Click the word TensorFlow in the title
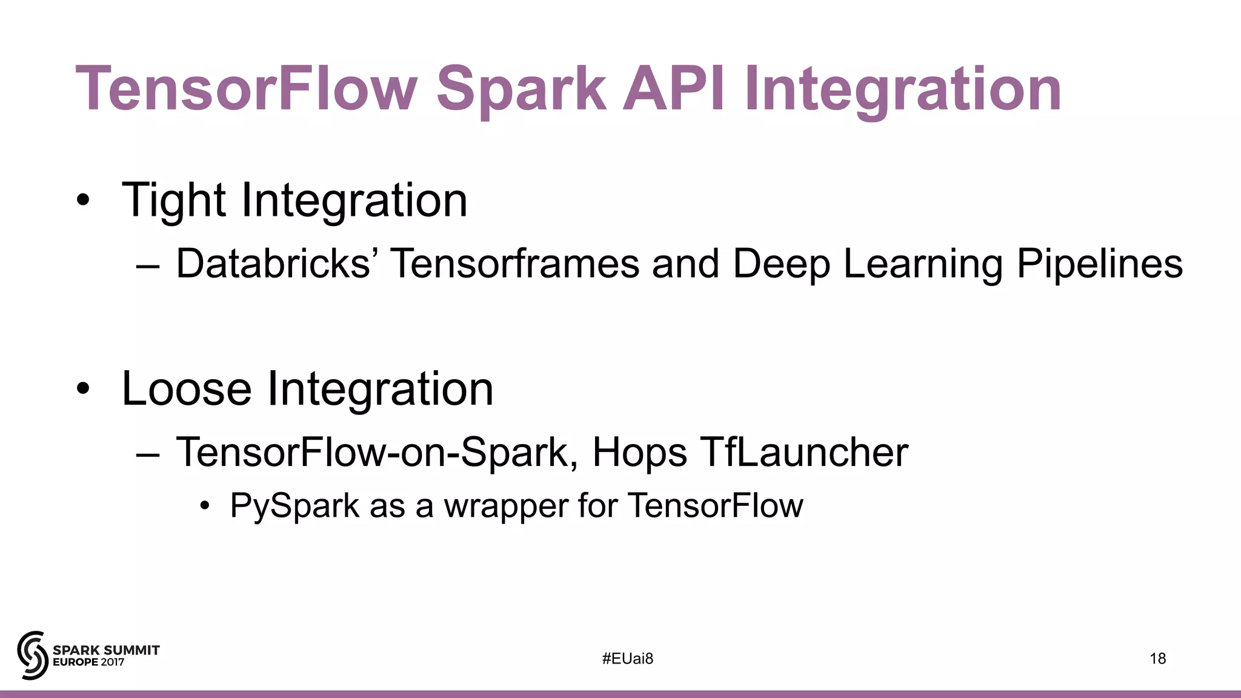(246, 89)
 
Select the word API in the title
(674, 89)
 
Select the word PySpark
(294, 506)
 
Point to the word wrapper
(505, 507)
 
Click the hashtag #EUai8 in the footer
(628, 659)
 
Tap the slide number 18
(1157, 659)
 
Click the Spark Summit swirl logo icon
(33, 655)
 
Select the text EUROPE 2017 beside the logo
(88, 662)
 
